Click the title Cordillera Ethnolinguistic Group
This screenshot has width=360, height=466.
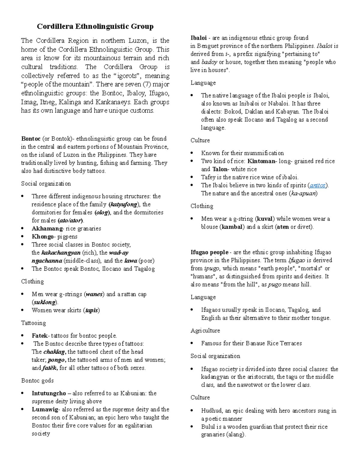[95, 26]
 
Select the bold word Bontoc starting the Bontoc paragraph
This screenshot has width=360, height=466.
[31, 139]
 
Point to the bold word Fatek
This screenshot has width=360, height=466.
[40, 336]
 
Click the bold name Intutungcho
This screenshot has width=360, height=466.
[49, 393]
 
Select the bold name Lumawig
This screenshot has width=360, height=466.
[45, 410]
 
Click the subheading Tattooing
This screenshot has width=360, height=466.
[33, 323]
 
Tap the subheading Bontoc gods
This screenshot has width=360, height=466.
[37, 381]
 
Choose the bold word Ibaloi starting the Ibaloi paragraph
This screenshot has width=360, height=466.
[199, 38]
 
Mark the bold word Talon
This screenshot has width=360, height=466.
[220, 169]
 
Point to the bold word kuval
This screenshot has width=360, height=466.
[264, 219]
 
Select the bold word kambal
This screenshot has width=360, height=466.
[232, 227]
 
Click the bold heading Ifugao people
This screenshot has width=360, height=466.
[209, 252]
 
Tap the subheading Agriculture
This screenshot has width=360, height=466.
[205, 331]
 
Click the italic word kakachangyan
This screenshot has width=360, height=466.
[61, 253]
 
